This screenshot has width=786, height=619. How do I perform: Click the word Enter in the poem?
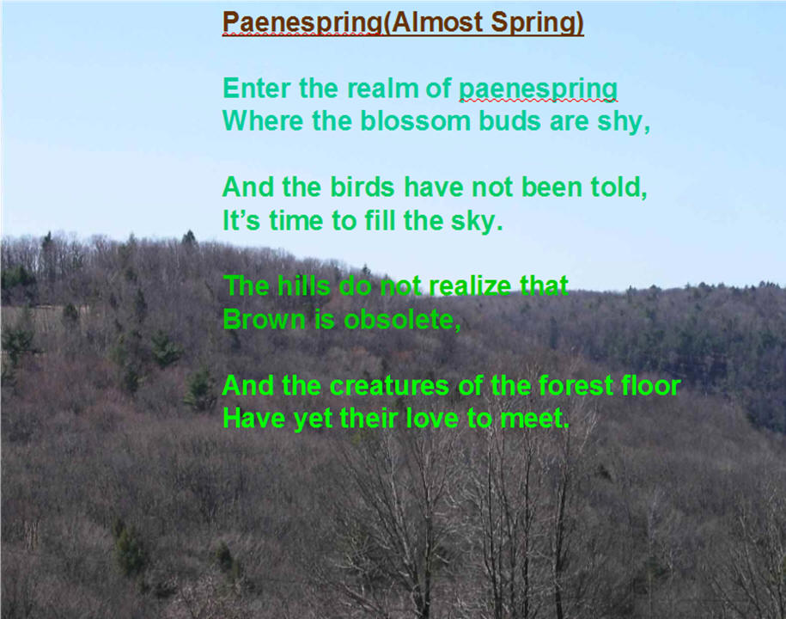tap(256, 89)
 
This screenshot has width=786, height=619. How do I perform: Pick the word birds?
tap(362, 187)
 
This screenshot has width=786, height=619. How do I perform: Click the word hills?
tap(303, 286)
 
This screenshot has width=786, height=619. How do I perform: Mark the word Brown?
tap(264, 320)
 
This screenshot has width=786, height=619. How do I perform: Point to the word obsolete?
tap(402, 320)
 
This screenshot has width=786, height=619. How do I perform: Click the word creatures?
tap(389, 386)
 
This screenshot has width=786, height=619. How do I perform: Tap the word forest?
tap(576, 386)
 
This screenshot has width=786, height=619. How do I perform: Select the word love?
tap(432, 419)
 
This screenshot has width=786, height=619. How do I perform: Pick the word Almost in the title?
tap(436, 22)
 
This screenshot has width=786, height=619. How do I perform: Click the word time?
tap(296, 221)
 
